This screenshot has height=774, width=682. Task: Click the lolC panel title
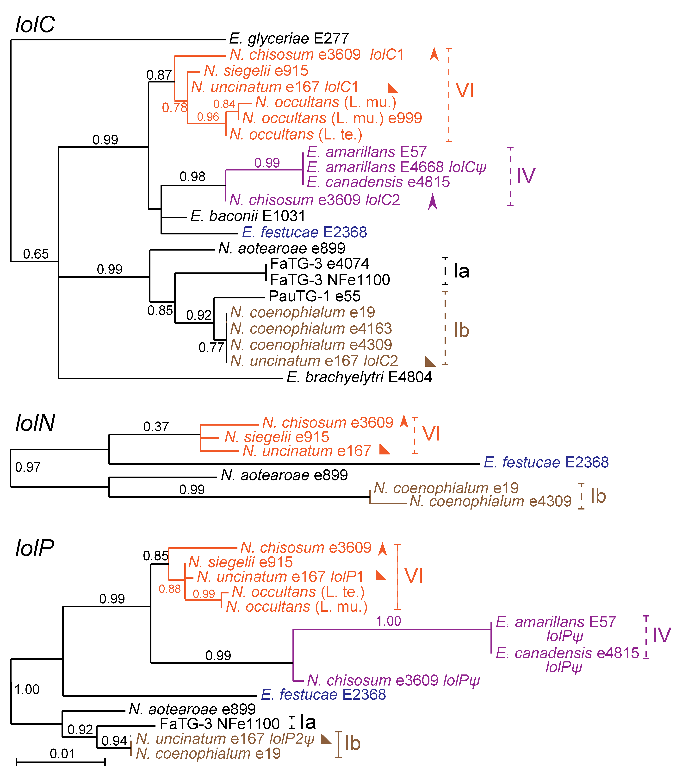(35, 25)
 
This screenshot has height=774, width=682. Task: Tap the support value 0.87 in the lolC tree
(159, 75)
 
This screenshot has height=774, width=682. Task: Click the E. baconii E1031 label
(248, 216)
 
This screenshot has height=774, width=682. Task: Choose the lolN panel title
(35, 423)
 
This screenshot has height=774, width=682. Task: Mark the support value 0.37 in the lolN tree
(155, 427)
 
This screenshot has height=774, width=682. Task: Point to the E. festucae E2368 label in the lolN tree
(546, 462)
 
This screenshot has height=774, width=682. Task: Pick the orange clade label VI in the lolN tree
(431, 434)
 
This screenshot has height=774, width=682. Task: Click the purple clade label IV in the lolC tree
(526, 176)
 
